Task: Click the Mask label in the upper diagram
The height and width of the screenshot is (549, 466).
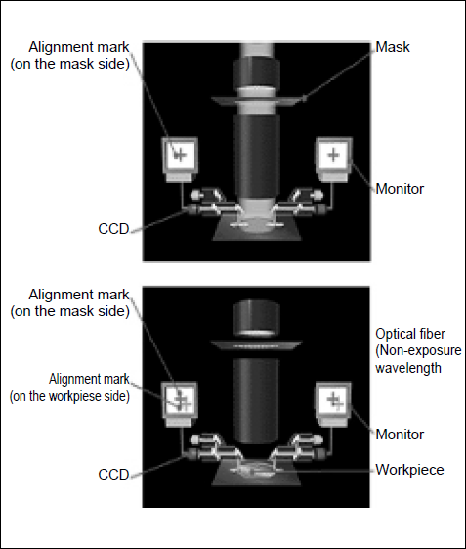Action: click(392, 47)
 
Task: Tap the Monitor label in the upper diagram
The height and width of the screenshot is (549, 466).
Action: click(400, 189)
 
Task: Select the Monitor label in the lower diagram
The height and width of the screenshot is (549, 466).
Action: click(400, 435)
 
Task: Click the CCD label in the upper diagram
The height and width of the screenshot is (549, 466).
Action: click(113, 229)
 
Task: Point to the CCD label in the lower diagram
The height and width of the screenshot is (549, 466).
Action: click(113, 475)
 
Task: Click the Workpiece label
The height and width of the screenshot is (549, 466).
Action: click(409, 470)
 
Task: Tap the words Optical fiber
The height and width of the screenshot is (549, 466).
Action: click(410, 334)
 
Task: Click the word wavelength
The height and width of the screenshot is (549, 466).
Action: click(408, 368)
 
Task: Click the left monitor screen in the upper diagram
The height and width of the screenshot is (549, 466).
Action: click(180, 155)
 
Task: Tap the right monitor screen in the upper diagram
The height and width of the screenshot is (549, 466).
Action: click(334, 155)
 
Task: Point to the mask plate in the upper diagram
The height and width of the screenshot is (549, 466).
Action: click(257, 101)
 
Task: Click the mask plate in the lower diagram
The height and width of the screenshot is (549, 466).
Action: click(256, 345)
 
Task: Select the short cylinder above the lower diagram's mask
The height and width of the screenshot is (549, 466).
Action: click(257, 318)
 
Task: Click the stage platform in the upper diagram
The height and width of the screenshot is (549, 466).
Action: click(257, 230)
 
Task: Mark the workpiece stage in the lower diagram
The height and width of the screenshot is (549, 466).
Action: click(256, 474)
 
